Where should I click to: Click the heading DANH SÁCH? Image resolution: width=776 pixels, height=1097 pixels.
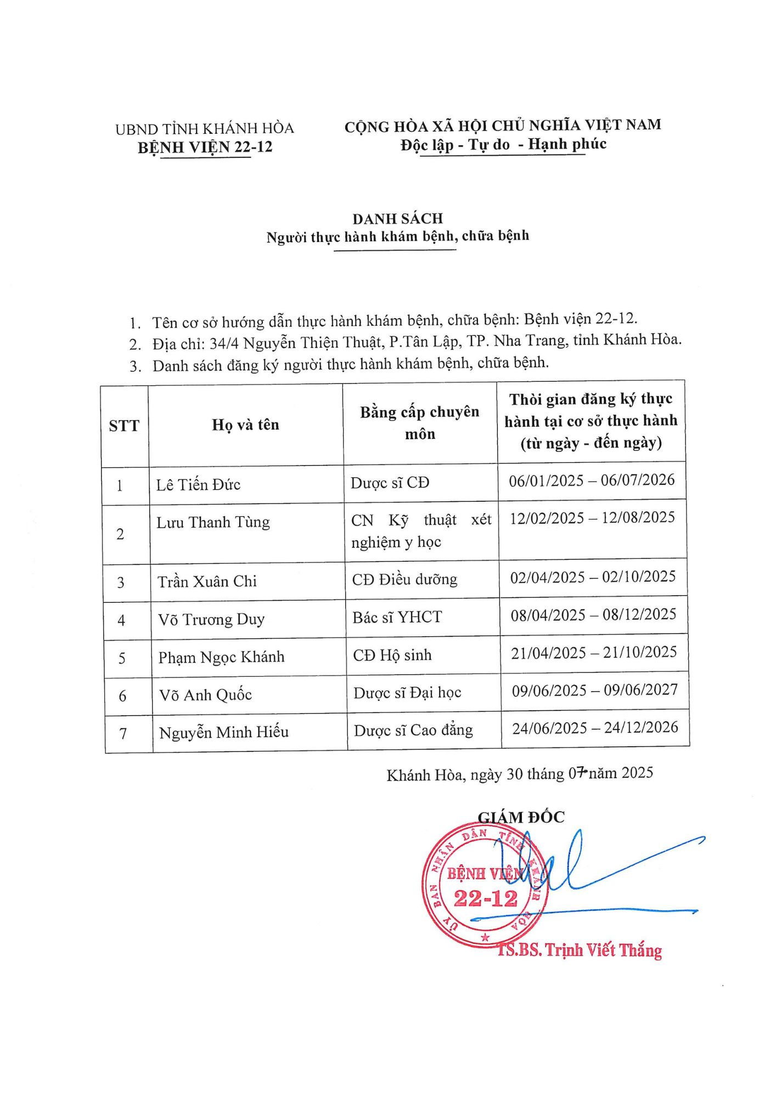397,219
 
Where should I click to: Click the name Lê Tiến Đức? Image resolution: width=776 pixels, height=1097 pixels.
198,485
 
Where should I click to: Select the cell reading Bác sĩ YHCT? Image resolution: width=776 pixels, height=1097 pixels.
397,618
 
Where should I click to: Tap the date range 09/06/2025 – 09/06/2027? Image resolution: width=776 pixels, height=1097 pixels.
595,690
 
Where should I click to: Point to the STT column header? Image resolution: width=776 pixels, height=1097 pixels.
124,426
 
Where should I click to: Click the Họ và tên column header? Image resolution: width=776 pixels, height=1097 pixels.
245,425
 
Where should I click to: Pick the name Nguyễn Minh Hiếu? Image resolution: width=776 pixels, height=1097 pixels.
223,732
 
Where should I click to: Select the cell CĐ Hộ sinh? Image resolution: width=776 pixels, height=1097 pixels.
392,655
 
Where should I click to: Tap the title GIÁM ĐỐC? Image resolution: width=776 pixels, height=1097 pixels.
521,817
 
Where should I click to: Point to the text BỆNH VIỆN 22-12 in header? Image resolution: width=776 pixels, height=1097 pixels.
205,147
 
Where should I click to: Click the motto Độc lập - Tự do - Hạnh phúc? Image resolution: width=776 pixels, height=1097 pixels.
503,144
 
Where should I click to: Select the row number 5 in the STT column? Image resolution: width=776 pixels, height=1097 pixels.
122,658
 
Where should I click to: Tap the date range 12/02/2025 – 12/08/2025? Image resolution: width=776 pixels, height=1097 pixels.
592,518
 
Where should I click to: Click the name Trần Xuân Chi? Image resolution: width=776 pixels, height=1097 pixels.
207,581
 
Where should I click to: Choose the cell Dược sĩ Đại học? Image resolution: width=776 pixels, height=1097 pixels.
407,693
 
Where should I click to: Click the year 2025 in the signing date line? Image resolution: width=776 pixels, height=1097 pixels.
637,773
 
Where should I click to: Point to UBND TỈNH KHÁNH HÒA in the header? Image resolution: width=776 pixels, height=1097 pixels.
204,129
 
